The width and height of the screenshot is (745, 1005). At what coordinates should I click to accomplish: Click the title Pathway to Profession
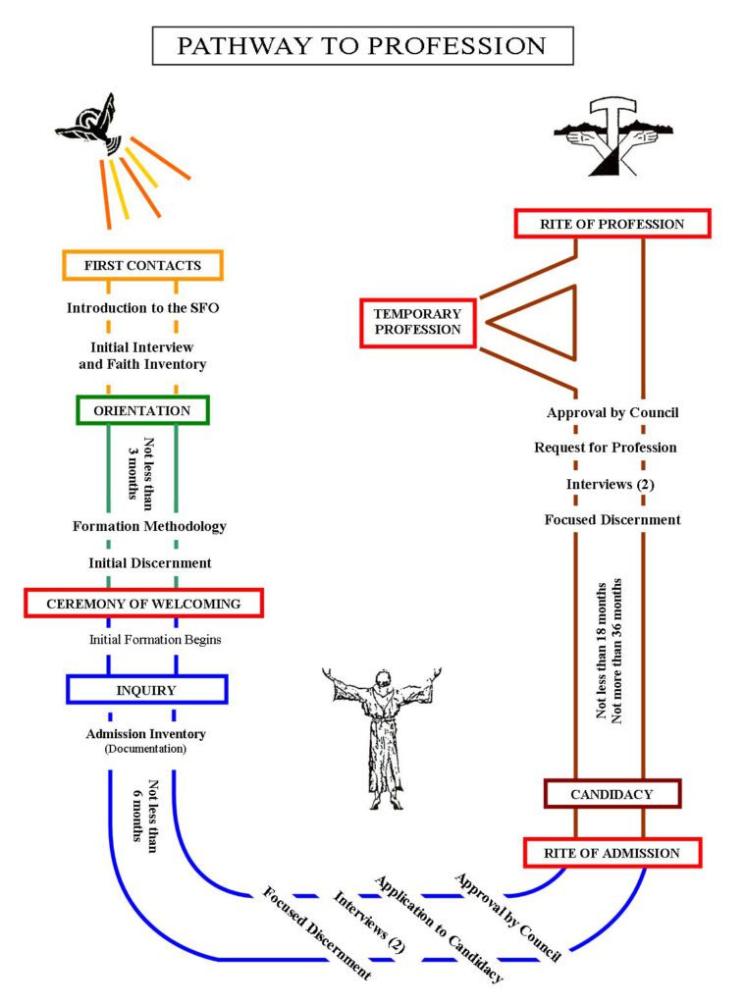pyautogui.click(x=362, y=46)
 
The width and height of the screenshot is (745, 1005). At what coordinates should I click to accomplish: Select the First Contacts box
pyautogui.click(x=142, y=265)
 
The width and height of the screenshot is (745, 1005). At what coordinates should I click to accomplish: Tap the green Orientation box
pyautogui.click(x=143, y=409)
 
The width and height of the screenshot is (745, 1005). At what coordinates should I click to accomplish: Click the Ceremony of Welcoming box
pyautogui.click(x=143, y=603)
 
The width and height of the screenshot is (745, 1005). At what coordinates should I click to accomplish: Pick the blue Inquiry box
pyautogui.click(x=147, y=689)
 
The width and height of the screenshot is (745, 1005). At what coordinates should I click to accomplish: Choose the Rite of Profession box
pyautogui.click(x=612, y=224)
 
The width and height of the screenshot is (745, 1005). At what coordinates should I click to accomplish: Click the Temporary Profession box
pyautogui.click(x=417, y=321)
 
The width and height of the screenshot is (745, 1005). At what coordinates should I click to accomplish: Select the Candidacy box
pyautogui.click(x=612, y=793)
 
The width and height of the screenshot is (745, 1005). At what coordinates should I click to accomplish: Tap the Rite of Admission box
pyautogui.click(x=612, y=853)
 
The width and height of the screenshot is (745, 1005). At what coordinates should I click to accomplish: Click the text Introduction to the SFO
pyautogui.click(x=143, y=307)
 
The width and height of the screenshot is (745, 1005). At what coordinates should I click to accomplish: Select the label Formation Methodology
pyautogui.click(x=149, y=526)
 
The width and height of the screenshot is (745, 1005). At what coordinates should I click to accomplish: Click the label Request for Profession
pyautogui.click(x=606, y=448)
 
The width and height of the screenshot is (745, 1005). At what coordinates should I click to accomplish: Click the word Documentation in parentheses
pyautogui.click(x=144, y=750)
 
